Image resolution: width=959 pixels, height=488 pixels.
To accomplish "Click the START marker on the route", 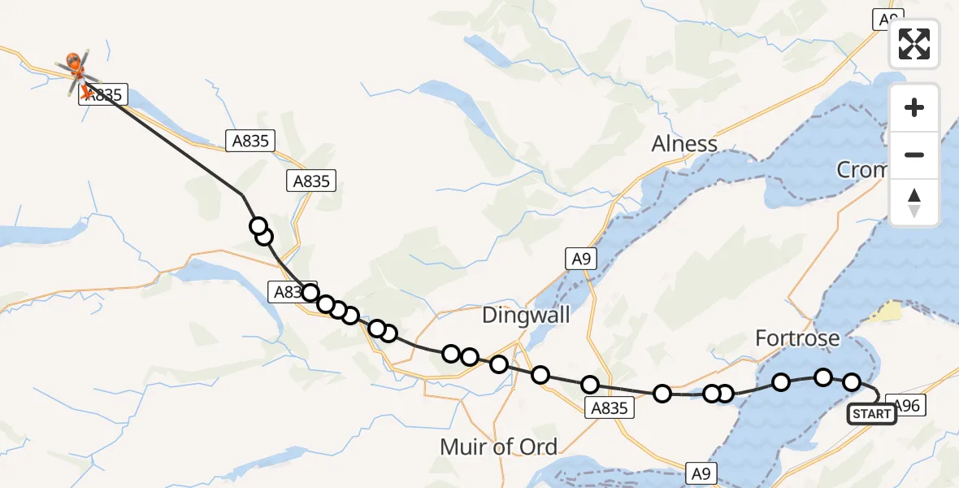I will tap(872, 414).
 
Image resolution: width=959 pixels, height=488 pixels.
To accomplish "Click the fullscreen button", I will tap(914, 44).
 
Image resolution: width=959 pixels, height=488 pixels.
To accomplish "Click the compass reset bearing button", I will tap(914, 203).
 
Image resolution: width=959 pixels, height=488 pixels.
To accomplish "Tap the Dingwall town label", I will tap(526, 315).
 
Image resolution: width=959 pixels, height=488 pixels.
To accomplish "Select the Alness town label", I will tap(684, 144).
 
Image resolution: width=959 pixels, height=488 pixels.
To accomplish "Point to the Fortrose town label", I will tap(797, 338).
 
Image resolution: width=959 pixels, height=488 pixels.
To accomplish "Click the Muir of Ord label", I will tap(498, 447).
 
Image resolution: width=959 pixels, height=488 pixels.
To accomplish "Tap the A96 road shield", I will tap(906, 405).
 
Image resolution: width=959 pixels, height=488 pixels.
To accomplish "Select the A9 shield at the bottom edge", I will tap(702, 473).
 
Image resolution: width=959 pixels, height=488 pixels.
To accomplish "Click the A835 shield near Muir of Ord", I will tap(610, 408).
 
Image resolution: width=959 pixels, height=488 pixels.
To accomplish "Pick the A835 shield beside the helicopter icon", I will tap(102, 95).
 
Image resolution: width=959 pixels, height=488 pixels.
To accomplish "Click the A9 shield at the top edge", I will tap(888, 19).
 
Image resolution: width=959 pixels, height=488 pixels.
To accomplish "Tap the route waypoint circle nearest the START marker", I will tap(852, 382).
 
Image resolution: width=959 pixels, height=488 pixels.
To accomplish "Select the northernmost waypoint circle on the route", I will tap(258, 226).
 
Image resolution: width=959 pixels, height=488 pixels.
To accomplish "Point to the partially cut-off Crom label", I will tap(861, 169).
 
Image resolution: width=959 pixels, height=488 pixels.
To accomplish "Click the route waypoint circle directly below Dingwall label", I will tap(499, 364).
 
